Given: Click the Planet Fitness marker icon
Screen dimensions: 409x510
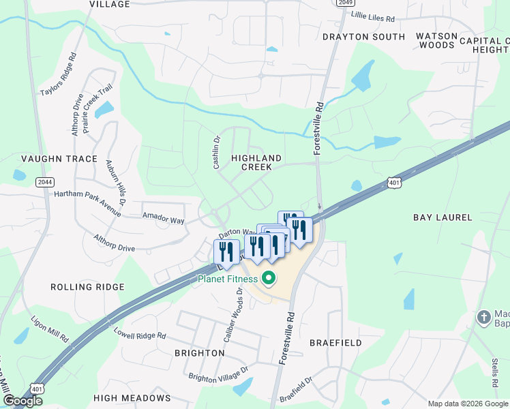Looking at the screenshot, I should pyautogui.click(x=269, y=278).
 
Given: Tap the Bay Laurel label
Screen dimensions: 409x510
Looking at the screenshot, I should pyautogui.click(x=442, y=217).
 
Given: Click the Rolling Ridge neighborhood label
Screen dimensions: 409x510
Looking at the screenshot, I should pyautogui.click(x=87, y=287).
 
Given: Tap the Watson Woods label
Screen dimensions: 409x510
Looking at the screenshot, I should pyautogui.click(x=436, y=40).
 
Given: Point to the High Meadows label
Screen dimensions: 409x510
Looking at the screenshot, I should pyautogui.click(x=132, y=397).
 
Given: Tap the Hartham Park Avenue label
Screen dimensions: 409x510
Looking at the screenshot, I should pyautogui.click(x=88, y=203).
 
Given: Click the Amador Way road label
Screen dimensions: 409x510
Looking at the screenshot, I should pyautogui.click(x=163, y=219).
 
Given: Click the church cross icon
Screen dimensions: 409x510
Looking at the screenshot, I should pyautogui.click(x=483, y=317).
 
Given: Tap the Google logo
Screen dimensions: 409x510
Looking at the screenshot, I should pyautogui.click(x=22, y=401).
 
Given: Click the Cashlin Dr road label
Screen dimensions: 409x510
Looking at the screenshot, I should pyautogui.click(x=215, y=152).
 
